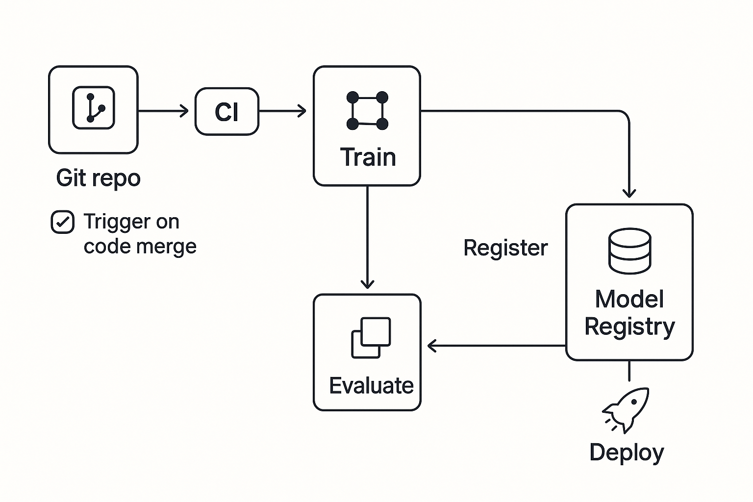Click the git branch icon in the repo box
tap(94, 107)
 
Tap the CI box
tap(227, 111)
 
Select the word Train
tap(368, 157)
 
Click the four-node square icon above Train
tap(367, 111)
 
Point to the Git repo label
tap(98, 178)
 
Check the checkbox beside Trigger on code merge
tap(63, 222)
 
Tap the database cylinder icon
tap(629, 251)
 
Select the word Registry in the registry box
tap(629, 327)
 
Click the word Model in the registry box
tap(629, 299)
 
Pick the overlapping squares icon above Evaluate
tap(371, 338)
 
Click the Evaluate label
tap(371, 385)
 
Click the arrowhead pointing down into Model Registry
tap(629, 193)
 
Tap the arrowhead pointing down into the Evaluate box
tap(367, 284)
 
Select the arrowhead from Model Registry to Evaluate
tap(432, 346)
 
